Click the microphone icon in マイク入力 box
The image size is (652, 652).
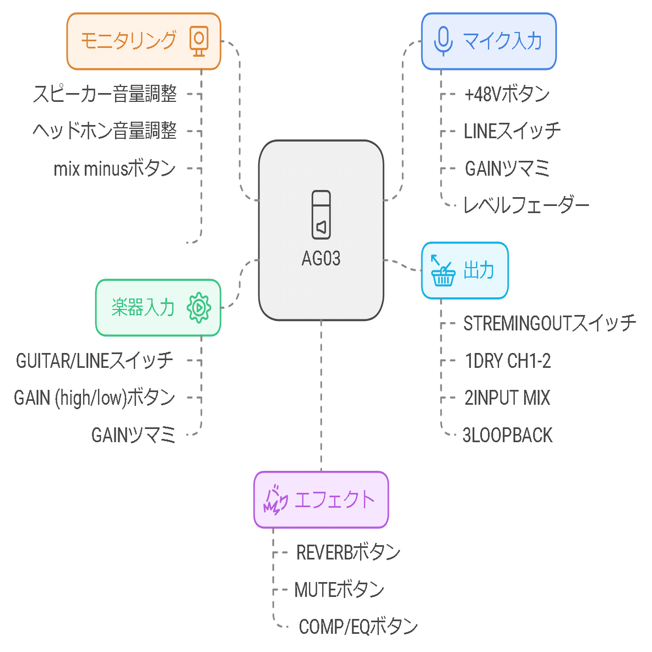tap(443, 41)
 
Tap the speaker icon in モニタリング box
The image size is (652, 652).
tap(199, 41)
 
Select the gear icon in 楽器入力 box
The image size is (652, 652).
tap(199, 308)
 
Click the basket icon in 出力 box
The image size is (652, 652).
tap(442, 271)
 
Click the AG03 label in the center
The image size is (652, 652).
tap(321, 258)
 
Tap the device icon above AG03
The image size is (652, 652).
tap(321, 215)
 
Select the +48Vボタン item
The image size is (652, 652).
tap(507, 94)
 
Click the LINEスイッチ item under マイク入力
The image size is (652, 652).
tap(512, 131)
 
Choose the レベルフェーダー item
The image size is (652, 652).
tap(526, 205)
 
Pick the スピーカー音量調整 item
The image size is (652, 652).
tap(105, 94)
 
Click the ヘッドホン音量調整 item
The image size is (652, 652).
tap(105, 131)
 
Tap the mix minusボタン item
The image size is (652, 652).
tap(115, 169)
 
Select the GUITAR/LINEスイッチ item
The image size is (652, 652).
tap(94, 361)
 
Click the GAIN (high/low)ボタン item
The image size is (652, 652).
tap(94, 398)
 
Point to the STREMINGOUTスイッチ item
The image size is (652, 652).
tap(549, 323)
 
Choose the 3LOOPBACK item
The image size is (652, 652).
tap(507, 435)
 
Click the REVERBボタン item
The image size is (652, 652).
tap(348, 552)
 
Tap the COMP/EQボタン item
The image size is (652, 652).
tap(358, 627)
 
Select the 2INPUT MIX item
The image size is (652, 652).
tap(507, 398)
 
